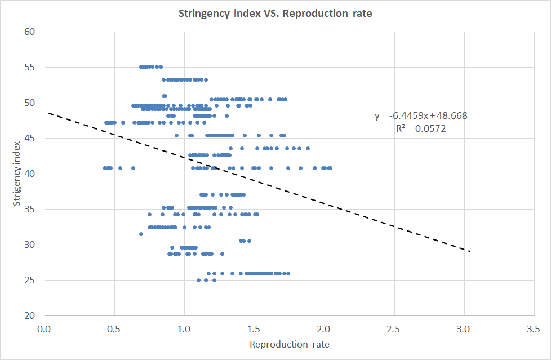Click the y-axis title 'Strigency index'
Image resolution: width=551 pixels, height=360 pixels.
tap(17, 174)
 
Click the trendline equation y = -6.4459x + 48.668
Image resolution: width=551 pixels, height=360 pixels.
tap(421, 116)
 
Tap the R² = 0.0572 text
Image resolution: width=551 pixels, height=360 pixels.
tap(421, 128)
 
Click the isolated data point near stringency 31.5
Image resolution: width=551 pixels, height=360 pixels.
tap(141, 234)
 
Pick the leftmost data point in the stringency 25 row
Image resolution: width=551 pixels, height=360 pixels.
tap(198, 280)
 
